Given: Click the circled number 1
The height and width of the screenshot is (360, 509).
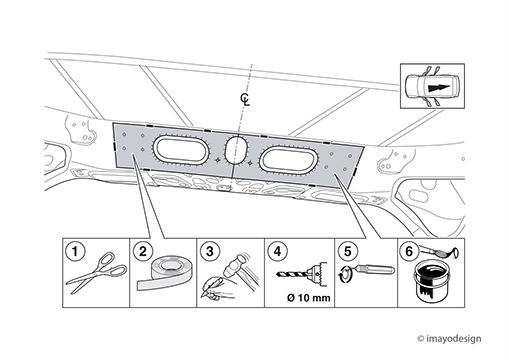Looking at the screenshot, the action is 75,251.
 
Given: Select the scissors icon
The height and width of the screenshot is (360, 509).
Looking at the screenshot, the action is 97,272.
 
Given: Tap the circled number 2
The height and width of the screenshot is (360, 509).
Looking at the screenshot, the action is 143,251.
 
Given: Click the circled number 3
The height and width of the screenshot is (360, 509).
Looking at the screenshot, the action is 210,251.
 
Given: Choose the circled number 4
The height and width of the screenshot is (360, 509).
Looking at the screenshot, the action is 278,251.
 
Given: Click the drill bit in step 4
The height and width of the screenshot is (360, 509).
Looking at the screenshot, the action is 292,275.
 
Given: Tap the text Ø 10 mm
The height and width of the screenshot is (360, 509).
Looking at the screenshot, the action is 309,297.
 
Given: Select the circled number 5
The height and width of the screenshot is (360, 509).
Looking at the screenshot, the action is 347,251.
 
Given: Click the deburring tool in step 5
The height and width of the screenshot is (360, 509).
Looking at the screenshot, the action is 374,269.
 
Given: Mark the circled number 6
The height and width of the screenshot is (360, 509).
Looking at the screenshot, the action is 409,251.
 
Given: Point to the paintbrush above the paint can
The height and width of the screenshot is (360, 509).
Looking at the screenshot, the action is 438,251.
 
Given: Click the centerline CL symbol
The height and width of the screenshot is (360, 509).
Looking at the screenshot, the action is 245,99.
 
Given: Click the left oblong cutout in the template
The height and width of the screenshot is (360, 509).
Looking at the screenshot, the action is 181,151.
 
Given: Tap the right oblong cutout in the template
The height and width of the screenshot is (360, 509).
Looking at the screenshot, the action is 287,161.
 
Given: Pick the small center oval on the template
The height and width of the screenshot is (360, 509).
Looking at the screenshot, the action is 235,150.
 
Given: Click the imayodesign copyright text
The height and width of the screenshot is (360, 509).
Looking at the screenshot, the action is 449,339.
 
